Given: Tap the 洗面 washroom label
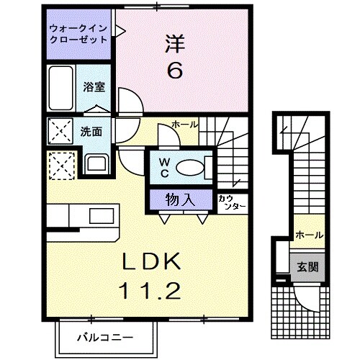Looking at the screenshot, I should [x=91, y=132].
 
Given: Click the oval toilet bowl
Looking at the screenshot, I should [x=190, y=166].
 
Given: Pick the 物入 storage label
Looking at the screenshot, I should [x=182, y=198].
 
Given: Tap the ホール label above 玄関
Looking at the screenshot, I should [x=309, y=235].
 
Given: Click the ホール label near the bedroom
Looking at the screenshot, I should [x=185, y=125].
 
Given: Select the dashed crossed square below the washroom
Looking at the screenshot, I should [x=62, y=165].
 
